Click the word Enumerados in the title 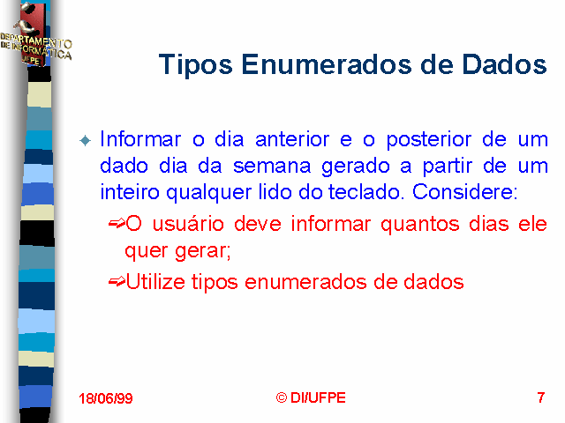click(326, 64)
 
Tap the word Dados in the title click(504, 64)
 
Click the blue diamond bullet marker click(86, 141)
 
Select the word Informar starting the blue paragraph click(140, 139)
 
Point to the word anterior click(292, 139)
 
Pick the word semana click(272, 167)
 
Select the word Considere click(465, 192)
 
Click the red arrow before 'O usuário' click(117, 224)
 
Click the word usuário click(188, 224)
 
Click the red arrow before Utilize click(117, 281)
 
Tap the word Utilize click(155, 281)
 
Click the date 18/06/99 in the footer click(106, 398)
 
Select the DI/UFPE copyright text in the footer click(311, 397)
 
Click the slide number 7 click(541, 397)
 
